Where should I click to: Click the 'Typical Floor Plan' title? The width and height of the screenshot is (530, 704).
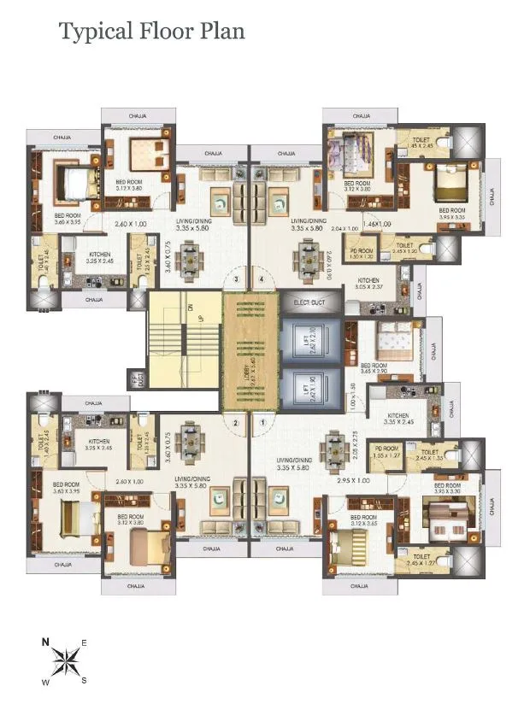click(x=151, y=32)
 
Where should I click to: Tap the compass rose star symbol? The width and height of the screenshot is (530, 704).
click(x=63, y=661)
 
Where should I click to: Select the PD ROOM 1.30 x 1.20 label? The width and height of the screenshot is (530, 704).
click(x=362, y=253)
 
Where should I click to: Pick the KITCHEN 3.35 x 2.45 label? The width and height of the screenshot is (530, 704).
click(x=398, y=419)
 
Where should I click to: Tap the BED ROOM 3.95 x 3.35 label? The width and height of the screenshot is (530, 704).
click(x=451, y=214)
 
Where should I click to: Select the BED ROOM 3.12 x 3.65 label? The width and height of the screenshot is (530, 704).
click(x=362, y=522)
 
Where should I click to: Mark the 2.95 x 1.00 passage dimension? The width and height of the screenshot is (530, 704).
click(x=353, y=481)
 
